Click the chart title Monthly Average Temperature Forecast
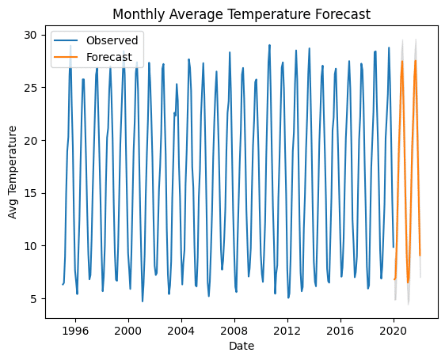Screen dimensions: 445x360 pyautogui.click(x=242, y=14)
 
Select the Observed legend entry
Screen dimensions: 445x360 pyautogui.click(x=96, y=40)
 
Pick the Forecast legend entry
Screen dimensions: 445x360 pyautogui.click(x=93, y=57)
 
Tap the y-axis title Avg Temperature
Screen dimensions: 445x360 pyautogui.click(x=12, y=172)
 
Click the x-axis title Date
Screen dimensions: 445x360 pyautogui.click(x=242, y=346)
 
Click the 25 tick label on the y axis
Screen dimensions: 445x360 pyautogui.click(x=31, y=88)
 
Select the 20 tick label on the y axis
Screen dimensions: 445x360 pyautogui.click(x=31, y=140)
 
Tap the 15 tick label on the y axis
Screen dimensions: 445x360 pyautogui.click(x=31, y=193)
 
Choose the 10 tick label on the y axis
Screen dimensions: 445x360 pyautogui.click(x=31, y=246)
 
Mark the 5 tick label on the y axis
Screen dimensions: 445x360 pyautogui.click(x=34, y=299)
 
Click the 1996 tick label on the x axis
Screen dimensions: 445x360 pyautogui.click(x=75, y=331)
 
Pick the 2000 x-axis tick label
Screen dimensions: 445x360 pyautogui.click(x=128, y=331)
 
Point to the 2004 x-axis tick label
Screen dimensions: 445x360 pyautogui.click(x=181, y=331)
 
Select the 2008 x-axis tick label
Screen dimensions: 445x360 pyautogui.click(x=234, y=331)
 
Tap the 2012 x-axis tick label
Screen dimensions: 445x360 pyautogui.click(x=287, y=331)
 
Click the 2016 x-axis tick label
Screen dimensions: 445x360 pyautogui.click(x=340, y=331)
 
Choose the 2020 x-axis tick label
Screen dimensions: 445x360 pyautogui.click(x=394, y=331)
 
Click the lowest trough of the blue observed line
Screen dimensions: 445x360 pyautogui.click(x=143, y=301)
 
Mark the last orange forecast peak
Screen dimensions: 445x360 pyautogui.click(x=416, y=60)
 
